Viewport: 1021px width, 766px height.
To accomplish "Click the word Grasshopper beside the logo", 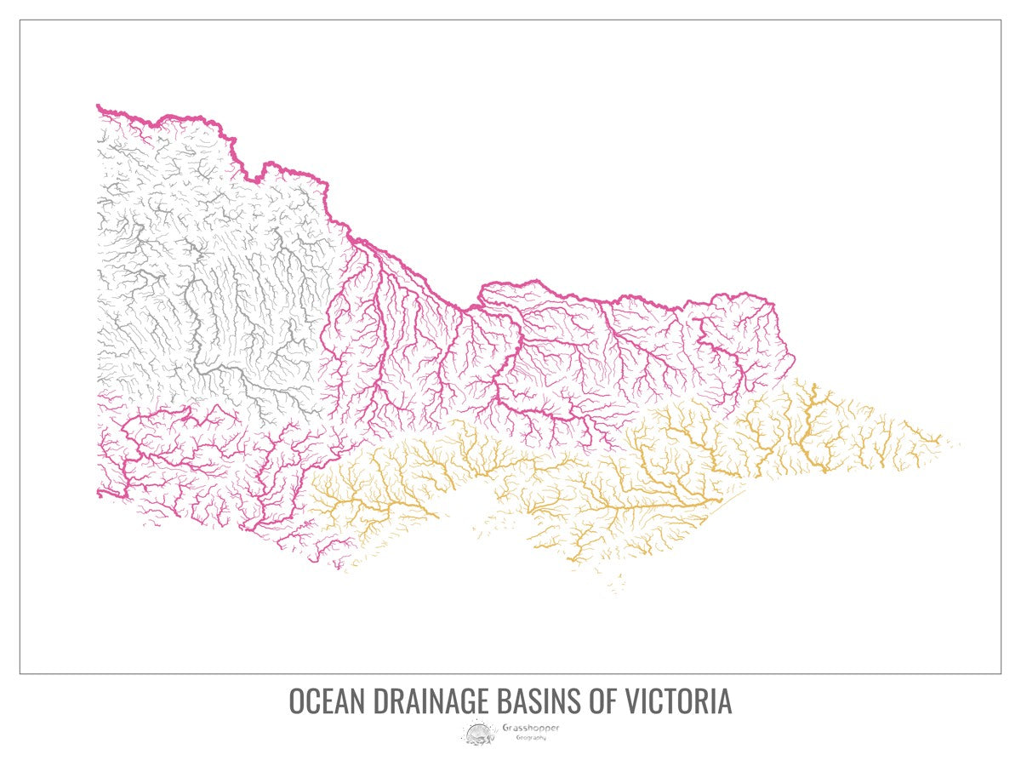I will pyautogui.click(x=531, y=728).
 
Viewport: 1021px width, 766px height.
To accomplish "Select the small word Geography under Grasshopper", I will pyautogui.click(x=531, y=737).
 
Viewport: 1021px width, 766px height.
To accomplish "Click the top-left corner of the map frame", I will pyautogui.click(x=20, y=20).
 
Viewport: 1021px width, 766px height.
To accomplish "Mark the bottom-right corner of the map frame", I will pyautogui.click(x=1001, y=673).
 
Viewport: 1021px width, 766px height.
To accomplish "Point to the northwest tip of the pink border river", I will pyautogui.click(x=99, y=106).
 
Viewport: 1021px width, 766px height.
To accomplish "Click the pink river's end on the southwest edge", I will pyautogui.click(x=100, y=492).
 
